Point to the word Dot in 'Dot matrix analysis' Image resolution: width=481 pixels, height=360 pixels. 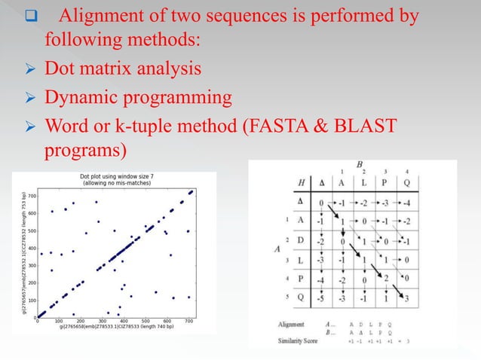tap(61, 70)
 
